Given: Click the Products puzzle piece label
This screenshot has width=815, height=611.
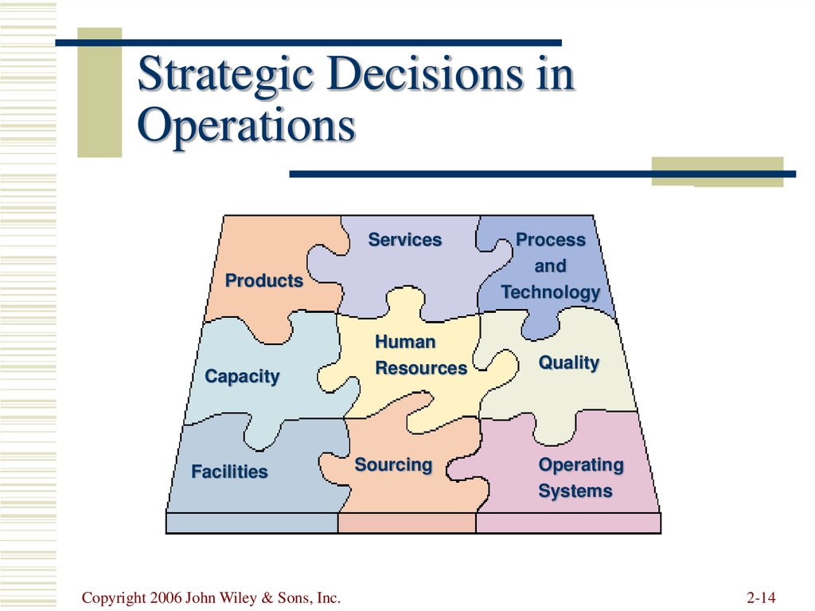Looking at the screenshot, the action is tap(264, 280).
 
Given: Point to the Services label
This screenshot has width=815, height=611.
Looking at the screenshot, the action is tap(405, 240).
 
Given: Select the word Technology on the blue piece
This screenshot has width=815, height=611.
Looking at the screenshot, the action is tap(551, 292).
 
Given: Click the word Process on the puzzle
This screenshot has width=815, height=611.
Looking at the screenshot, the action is tap(551, 240).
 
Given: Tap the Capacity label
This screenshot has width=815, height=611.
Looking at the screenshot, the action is tap(242, 376).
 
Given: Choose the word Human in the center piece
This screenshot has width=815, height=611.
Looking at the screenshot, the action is tap(405, 342).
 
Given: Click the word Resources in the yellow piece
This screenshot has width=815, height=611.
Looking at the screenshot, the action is tap(421, 368).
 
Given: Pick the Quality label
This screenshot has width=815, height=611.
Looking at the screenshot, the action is tap(569, 362).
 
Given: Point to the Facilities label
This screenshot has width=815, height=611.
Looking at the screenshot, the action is tap(229, 472).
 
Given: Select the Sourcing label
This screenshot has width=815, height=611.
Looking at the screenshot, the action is tap(393, 465).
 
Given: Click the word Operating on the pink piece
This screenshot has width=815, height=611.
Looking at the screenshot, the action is tap(581, 465).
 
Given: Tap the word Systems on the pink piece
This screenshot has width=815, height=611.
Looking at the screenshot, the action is tap(575, 492).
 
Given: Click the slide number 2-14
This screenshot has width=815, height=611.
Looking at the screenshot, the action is tap(762, 597).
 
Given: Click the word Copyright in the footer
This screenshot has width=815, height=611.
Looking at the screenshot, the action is tap(114, 598).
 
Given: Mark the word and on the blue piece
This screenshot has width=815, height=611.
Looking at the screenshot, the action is tap(551, 266).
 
